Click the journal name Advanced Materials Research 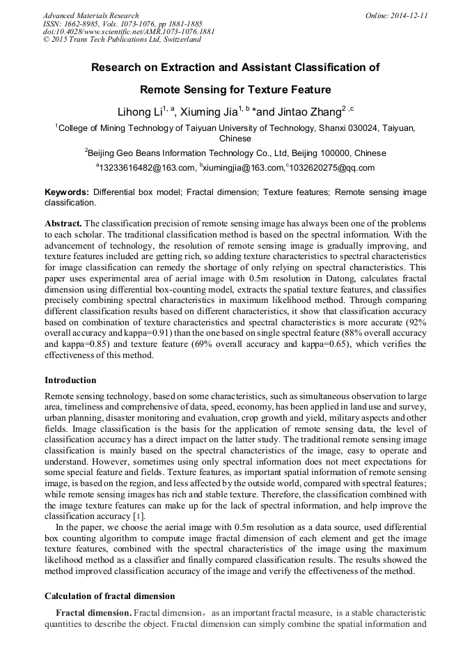click(x=91, y=15)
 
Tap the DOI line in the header click(x=129, y=31)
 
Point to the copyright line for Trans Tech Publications click(x=122, y=40)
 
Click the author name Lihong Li click(x=139, y=111)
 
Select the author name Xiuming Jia click(x=208, y=111)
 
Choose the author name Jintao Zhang click(x=306, y=111)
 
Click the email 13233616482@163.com click(x=147, y=168)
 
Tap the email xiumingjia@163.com click(x=243, y=168)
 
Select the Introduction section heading click(x=70, y=380)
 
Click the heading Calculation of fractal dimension click(x=109, y=596)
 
